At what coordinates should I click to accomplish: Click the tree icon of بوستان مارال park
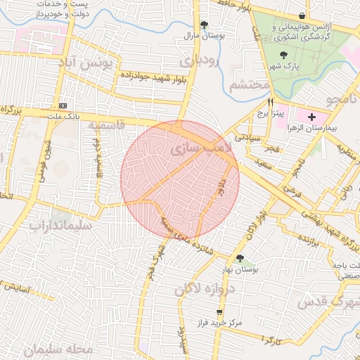pos(204,24)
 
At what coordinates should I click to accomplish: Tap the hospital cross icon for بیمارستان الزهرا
pos(312,115)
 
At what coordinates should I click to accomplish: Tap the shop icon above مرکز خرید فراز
pos(220,311)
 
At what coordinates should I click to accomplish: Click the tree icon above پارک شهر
pos(283,55)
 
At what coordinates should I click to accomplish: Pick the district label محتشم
pos(250,84)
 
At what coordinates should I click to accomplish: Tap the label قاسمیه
pos(106,124)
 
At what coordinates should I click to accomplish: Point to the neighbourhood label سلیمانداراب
pos(60,226)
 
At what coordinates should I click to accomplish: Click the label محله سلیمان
pos(62,349)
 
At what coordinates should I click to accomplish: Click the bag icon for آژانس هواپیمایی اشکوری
pos(302,15)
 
